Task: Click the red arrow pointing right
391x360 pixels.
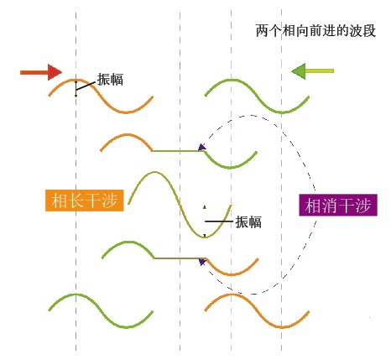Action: tap(41, 72)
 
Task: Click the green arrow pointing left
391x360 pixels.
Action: tap(312, 71)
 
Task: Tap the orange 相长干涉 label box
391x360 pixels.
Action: tap(85, 201)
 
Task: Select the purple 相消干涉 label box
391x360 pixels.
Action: tap(338, 205)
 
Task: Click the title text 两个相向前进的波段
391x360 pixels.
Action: tap(315, 31)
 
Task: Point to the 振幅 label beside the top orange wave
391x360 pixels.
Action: tap(110, 80)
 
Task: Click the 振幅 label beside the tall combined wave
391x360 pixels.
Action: tap(248, 222)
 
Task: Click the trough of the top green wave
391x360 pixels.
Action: tap(281, 112)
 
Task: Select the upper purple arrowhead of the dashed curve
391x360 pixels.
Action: tap(202, 147)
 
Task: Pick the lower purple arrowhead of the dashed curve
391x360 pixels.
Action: tap(202, 262)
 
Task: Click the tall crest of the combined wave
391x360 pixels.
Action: tap(154, 172)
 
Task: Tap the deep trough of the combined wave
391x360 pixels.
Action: tap(205, 237)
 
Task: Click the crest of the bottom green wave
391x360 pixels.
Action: tap(76, 295)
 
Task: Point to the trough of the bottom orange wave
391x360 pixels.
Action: tap(281, 326)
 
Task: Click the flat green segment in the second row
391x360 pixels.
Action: tap(179, 151)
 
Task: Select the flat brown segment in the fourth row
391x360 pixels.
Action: tap(180, 258)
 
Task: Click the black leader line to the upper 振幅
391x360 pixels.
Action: tap(86, 86)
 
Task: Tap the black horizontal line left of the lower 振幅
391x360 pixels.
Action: tap(219, 222)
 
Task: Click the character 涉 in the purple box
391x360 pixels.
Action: tap(363, 206)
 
